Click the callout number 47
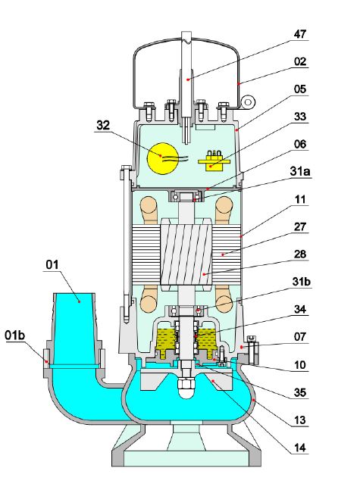299,34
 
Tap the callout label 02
300,61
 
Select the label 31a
300,171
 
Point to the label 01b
14,336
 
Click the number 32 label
103,125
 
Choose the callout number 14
299,448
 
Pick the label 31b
301,281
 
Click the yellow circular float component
163,158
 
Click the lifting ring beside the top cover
249,102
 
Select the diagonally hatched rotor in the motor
186,253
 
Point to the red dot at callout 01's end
80,301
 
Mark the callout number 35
299,392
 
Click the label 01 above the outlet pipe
52,265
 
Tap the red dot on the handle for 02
238,83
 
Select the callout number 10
299,365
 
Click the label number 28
300,254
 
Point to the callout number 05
300,89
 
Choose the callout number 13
299,420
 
